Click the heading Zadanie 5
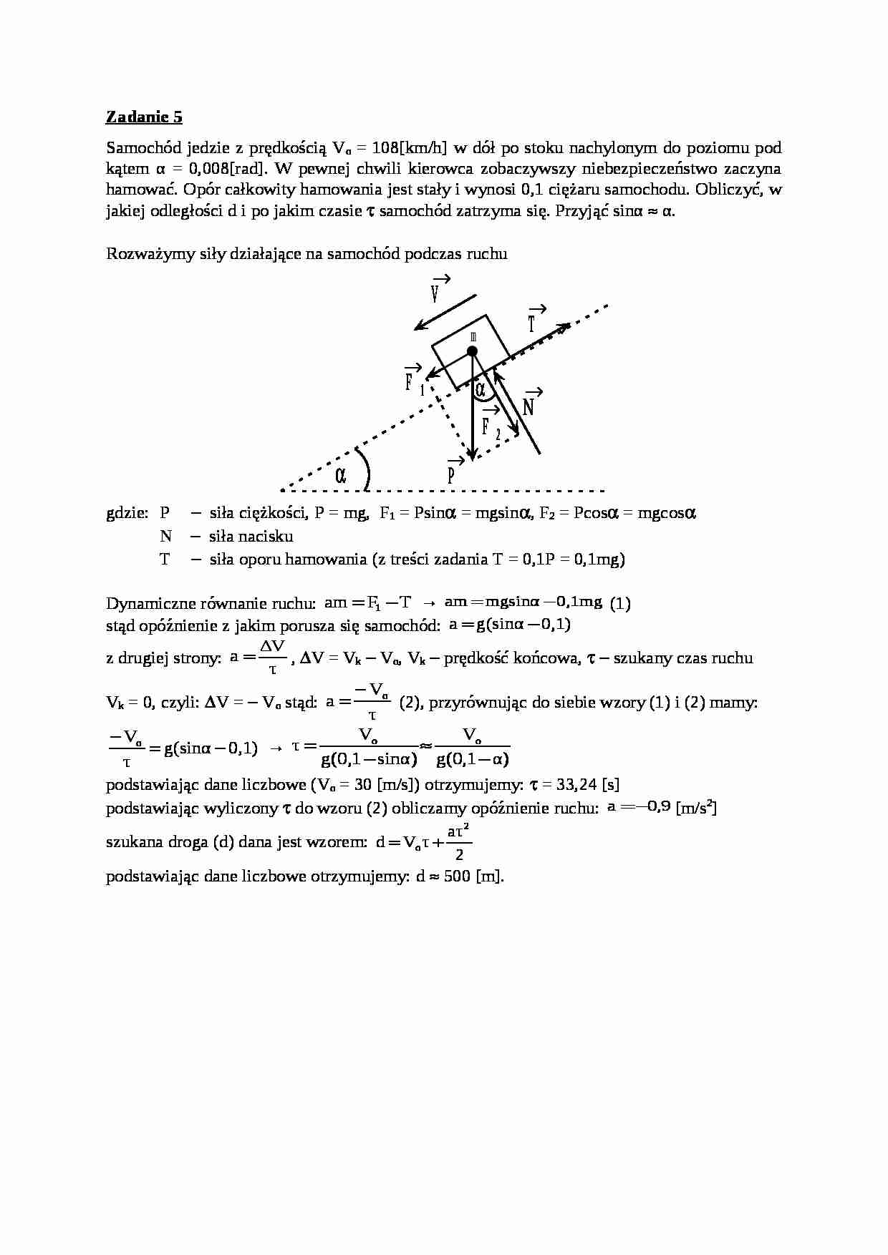(x=144, y=117)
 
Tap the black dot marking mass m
(x=472, y=351)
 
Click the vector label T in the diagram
(x=534, y=322)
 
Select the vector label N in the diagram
(x=529, y=405)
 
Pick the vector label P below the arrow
(x=452, y=474)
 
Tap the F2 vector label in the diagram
(x=489, y=426)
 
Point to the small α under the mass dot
(x=481, y=389)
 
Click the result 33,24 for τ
(x=576, y=785)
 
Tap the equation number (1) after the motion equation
(x=620, y=603)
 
